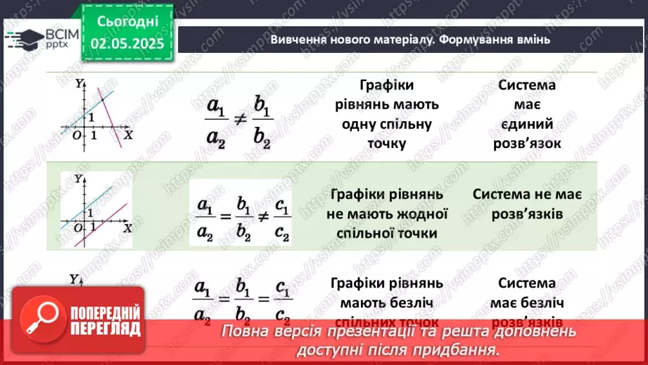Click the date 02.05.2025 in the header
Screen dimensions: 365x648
click(127, 44)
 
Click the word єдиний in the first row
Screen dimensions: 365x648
click(527, 124)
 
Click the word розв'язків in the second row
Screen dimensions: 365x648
click(527, 214)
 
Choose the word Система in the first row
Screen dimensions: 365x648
click(527, 85)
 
